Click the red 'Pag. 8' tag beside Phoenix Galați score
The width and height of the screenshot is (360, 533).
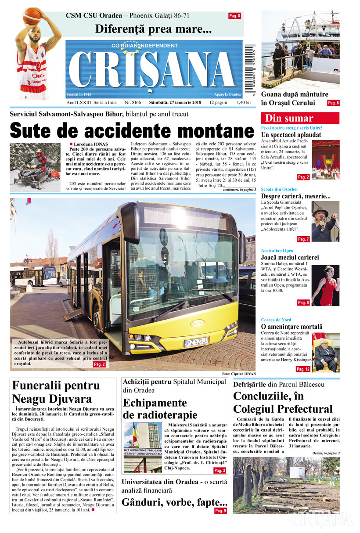click(x=234, y=16)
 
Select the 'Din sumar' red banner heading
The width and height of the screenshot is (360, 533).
click(x=300, y=118)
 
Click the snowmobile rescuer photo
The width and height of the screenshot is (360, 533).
click(x=35, y=167)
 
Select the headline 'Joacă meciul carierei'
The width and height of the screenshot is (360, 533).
click(x=290, y=257)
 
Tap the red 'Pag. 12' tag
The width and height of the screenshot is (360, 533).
click(x=303, y=369)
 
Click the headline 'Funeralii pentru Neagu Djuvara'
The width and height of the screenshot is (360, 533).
click(x=56, y=392)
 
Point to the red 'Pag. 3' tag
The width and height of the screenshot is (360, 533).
click(x=220, y=471)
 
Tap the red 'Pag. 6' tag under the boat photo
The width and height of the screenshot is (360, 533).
click(x=333, y=103)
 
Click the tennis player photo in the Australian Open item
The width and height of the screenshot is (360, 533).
click(x=325, y=285)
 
